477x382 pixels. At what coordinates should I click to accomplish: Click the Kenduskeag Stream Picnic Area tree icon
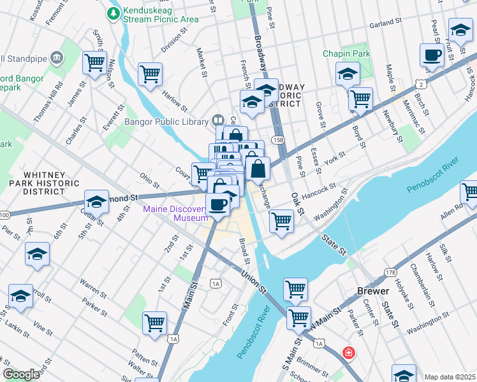[x=114, y=13]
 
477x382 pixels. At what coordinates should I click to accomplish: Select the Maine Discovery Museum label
[x=175, y=213]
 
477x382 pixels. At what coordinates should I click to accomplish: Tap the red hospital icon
[x=348, y=352]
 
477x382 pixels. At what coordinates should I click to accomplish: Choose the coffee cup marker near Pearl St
[x=432, y=55]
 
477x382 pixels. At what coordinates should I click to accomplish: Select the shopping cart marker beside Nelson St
[x=94, y=63]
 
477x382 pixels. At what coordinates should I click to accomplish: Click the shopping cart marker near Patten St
[x=155, y=323]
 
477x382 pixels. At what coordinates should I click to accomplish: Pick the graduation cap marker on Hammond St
[x=96, y=202]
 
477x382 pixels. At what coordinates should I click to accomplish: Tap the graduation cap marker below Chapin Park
[x=348, y=74]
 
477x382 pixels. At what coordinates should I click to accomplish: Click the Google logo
[x=21, y=374]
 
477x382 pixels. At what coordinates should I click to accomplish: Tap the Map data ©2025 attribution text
[x=450, y=377]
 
